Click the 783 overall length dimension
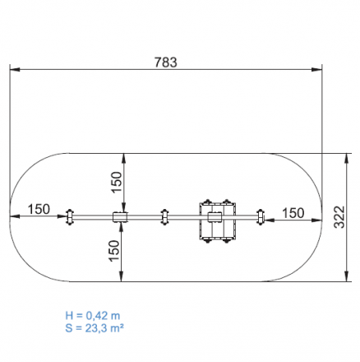click(x=166, y=63)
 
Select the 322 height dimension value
click(x=339, y=217)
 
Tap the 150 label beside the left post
click(x=39, y=209)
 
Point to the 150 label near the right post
click(x=293, y=213)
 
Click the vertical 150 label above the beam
click(x=116, y=182)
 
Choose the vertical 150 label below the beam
click(x=114, y=251)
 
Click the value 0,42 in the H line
click(x=97, y=316)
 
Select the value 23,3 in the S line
click(x=96, y=328)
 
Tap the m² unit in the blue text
click(x=117, y=327)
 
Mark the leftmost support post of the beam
click(x=70, y=217)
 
